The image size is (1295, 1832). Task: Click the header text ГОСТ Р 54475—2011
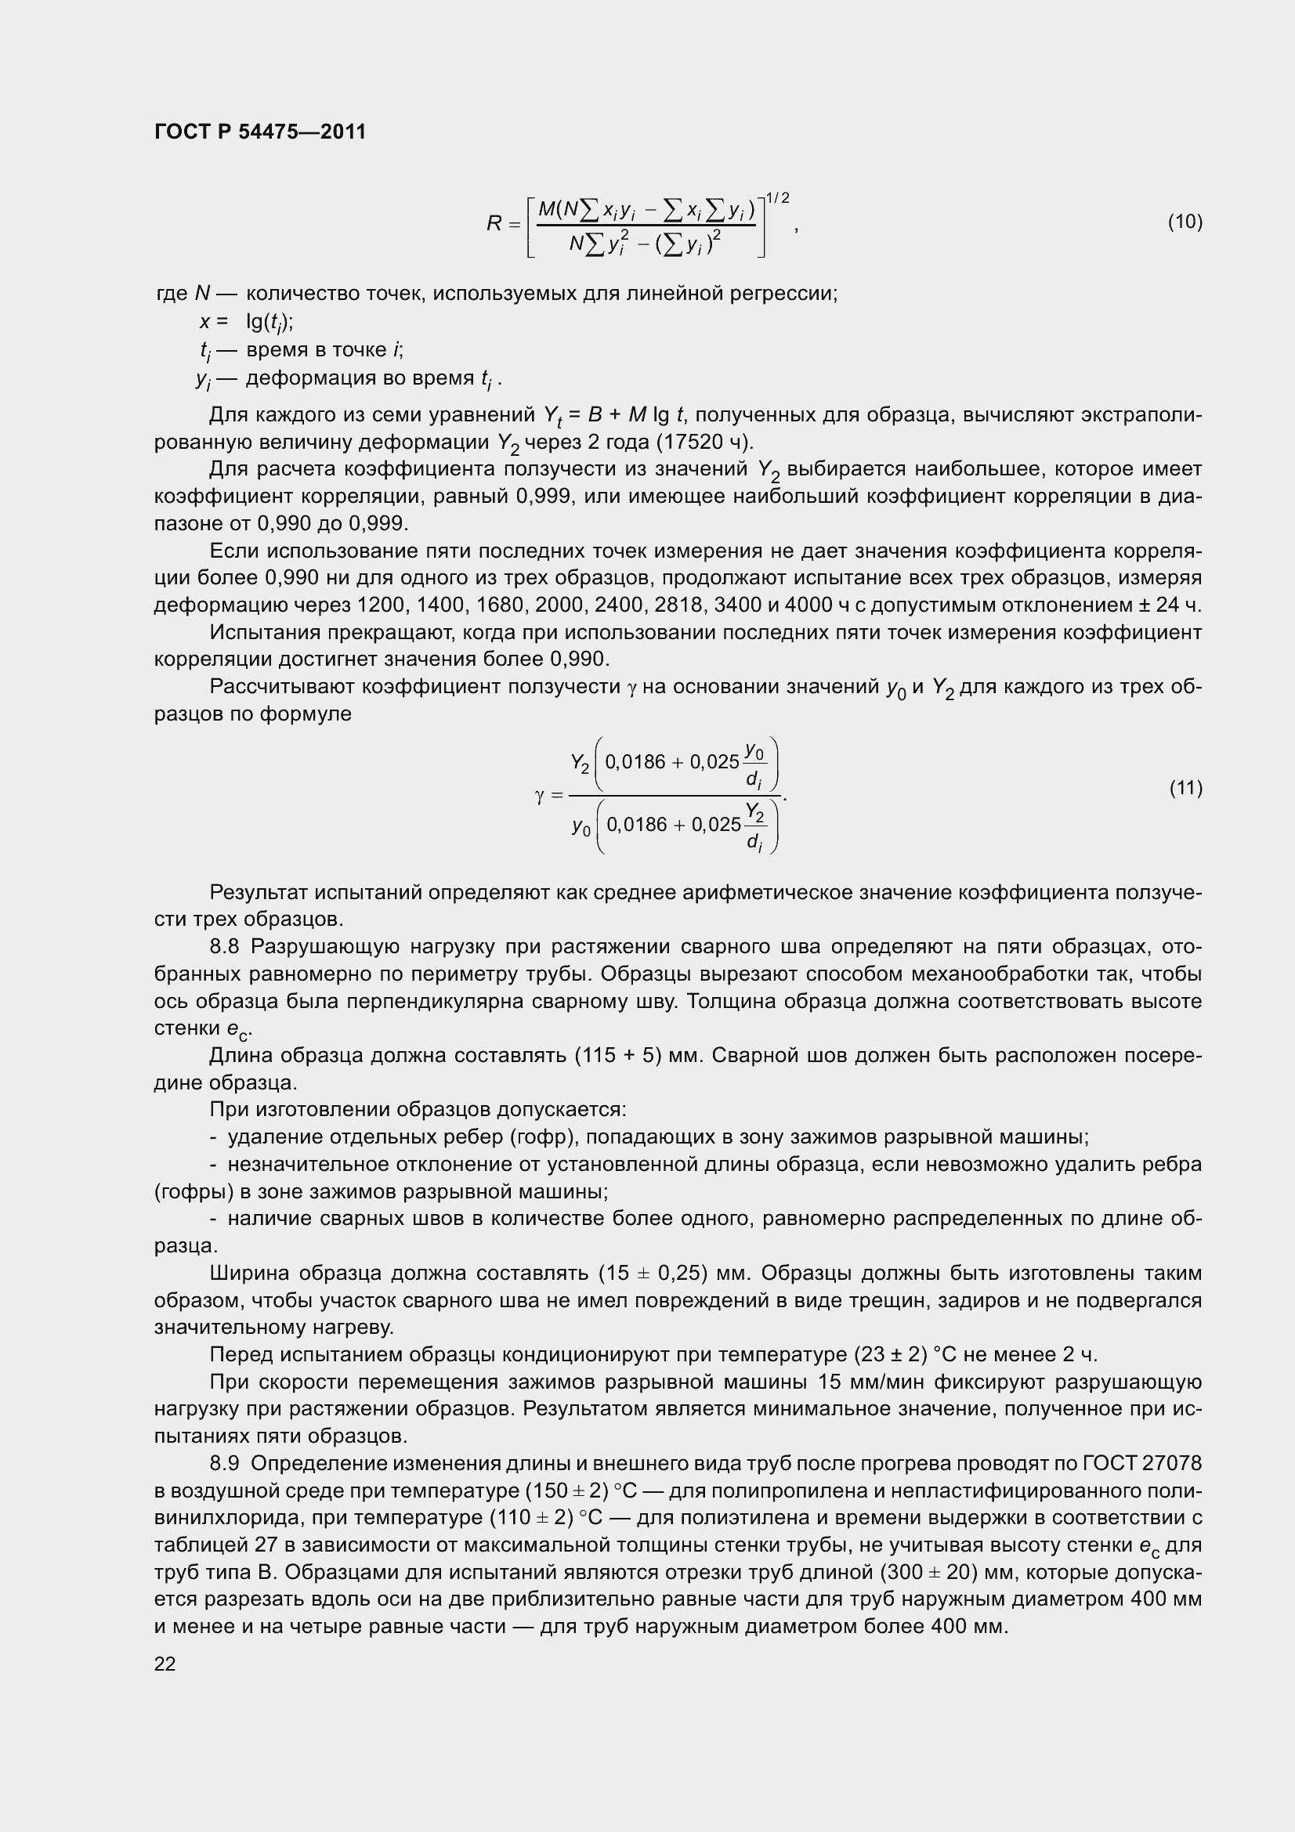pyautogui.click(x=260, y=132)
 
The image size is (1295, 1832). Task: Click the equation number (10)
pyautogui.click(x=1185, y=222)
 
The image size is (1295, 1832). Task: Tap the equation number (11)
pyautogui.click(x=1185, y=789)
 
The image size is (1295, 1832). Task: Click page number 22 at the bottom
pyautogui.click(x=165, y=1664)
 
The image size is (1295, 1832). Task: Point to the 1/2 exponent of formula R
pyautogui.click(x=777, y=198)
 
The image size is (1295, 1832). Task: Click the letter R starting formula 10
pyautogui.click(x=494, y=224)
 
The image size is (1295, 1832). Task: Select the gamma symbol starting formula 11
pyautogui.click(x=539, y=796)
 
